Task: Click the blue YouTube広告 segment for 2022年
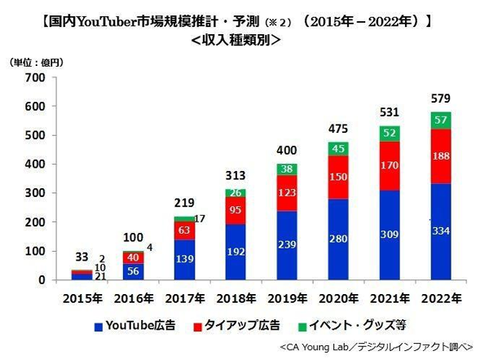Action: [x=441, y=232]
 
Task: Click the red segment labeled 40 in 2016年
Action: [x=134, y=257]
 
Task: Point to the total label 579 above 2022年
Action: [x=441, y=99]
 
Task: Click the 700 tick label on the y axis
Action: [x=34, y=77]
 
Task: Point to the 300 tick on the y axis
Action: [x=34, y=193]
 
